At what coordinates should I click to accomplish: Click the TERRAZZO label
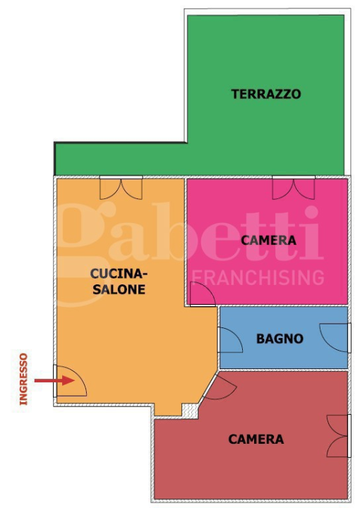click(x=266, y=94)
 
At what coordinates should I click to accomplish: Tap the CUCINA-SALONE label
click(x=118, y=281)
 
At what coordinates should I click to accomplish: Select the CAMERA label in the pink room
click(x=268, y=241)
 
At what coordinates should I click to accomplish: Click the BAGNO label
click(x=280, y=339)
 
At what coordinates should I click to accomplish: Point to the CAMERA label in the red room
click(x=256, y=439)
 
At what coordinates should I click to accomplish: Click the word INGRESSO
click(x=23, y=379)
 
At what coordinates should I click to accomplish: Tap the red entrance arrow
click(x=54, y=381)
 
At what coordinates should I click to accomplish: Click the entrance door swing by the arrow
click(x=71, y=382)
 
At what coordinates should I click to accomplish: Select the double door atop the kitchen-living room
click(x=121, y=187)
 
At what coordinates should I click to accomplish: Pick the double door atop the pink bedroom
click(x=294, y=187)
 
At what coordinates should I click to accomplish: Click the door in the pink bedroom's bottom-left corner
click(x=202, y=295)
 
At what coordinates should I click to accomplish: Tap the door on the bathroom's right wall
click(x=335, y=337)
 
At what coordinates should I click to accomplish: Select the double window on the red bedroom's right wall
click(x=340, y=435)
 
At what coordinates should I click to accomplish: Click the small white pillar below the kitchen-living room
click(x=188, y=409)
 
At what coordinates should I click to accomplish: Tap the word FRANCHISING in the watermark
click(x=258, y=276)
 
